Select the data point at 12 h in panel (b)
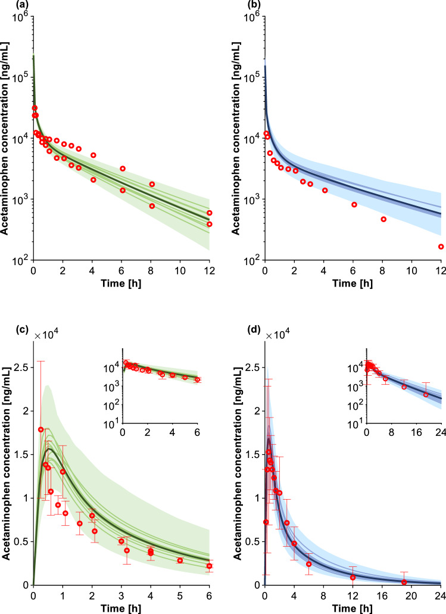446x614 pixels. [x=441, y=247]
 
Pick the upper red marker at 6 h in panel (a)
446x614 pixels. [x=123, y=169]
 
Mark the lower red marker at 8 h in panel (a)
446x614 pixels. [x=152, y=206]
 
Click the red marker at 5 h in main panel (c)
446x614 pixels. [x=180, y=560]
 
